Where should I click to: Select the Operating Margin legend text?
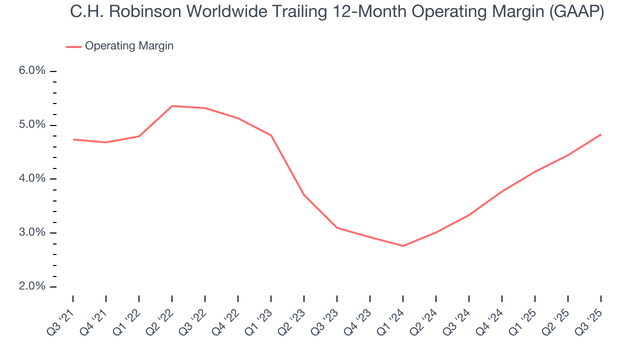pyautogui.click(x=129, y=46)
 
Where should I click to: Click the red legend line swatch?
pyautogui.click(x=73, y=46)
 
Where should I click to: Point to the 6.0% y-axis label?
pyautogui.click(x=32, y=71)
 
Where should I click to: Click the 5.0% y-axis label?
pyautogui.click(x=32, y=125)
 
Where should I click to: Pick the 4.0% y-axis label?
pyautogui.click(x=32, y=179)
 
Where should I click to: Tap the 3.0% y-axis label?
pyautogui.click(x=32, y=233)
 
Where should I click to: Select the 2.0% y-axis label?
pyautogui.click(x=32, y=287)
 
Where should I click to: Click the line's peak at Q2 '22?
pyautogui.click(x=172, y=106)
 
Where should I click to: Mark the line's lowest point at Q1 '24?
pyautogui.click(x=403, y=246)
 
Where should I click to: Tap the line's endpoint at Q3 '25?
pyautogui.click(x=601, y=134)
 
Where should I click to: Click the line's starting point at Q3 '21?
pyautogui.click(x=73, y=139)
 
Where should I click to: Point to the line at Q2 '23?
pyautogui.click(x=304, y=195)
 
